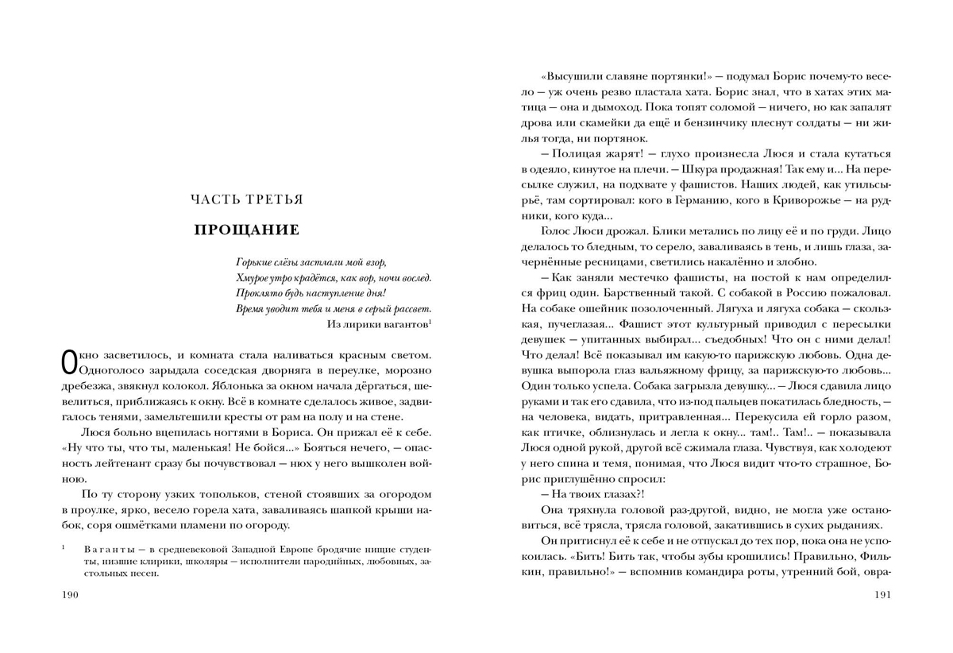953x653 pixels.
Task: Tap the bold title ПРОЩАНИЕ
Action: [247, 230]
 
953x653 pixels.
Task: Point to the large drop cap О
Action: [69, 362]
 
